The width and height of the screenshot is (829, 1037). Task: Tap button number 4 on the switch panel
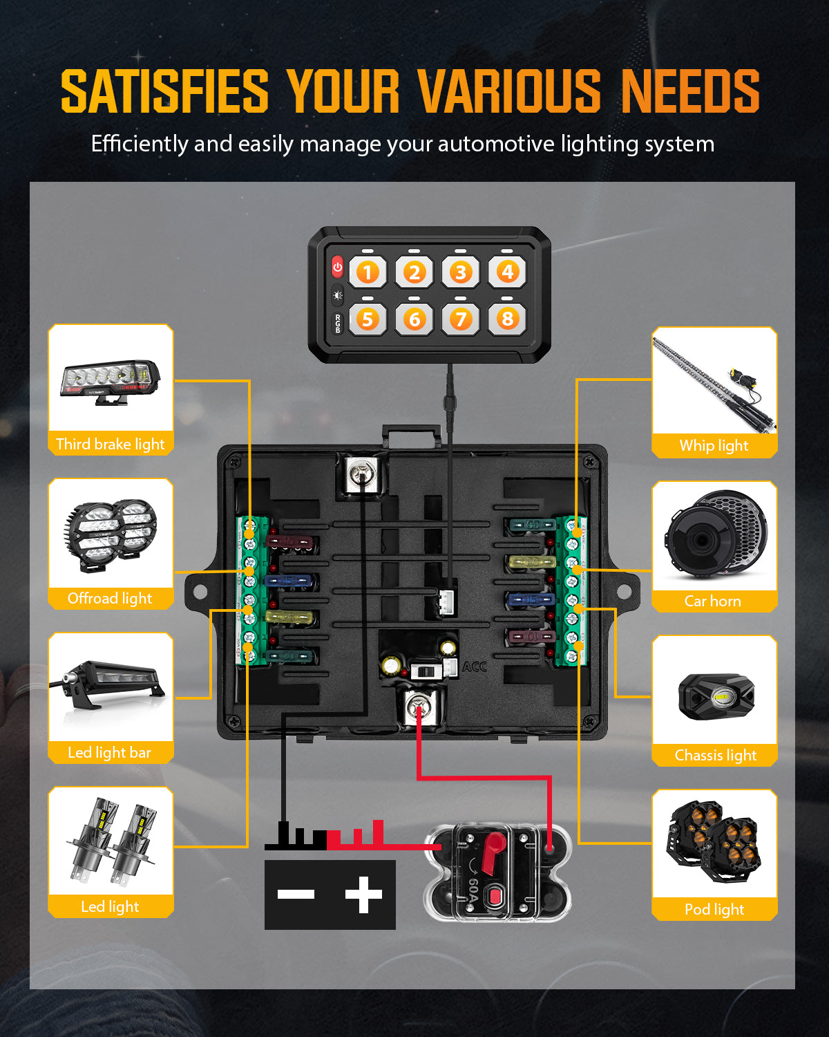tap(508, 272)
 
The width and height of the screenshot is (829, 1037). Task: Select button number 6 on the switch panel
tap(414, 319)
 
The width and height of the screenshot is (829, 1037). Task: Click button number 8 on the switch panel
tap(508, 319)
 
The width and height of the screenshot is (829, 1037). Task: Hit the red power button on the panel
tap(337, 267)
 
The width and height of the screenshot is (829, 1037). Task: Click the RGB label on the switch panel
tap(338, 323)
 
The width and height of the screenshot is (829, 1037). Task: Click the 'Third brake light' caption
tap(111, 444)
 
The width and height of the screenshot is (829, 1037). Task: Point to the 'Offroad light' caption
tap(110, 598)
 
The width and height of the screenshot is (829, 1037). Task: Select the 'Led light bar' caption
tap(110, 752)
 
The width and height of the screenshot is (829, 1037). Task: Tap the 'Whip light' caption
tap(714, 446)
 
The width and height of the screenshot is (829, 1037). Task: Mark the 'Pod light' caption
tap(714, 909)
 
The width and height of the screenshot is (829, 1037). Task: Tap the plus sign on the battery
tap(363, 895)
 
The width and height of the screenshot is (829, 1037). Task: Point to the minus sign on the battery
tap(296, 895)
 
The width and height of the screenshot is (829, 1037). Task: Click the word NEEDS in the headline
tap(690, 91)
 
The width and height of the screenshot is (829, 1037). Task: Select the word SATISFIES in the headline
tap(164, 91)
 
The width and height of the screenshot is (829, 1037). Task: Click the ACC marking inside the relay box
tap(475, 666)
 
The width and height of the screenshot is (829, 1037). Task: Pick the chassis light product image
tap(716, 697)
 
